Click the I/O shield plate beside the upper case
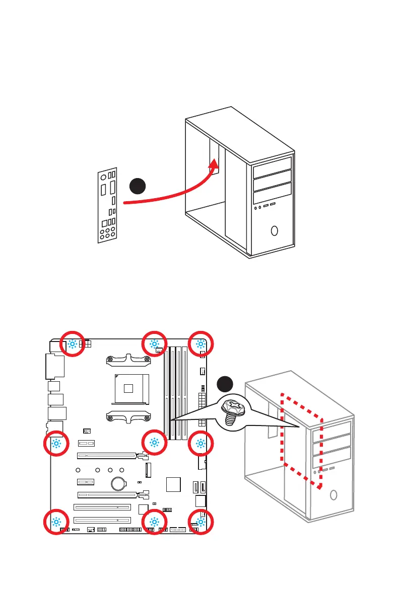108,205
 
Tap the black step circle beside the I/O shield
138,186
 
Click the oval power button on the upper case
275,231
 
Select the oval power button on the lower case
333,495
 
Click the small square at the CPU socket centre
129,388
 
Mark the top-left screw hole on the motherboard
73,344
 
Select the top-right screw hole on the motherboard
201,344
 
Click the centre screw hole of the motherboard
154,443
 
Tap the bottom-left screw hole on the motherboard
56,522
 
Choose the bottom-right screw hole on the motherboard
201,522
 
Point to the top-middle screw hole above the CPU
154,344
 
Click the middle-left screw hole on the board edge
56,443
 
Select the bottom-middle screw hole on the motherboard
154,522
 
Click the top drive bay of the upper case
273,165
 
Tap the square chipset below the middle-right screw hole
173,484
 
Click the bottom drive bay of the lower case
331,461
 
